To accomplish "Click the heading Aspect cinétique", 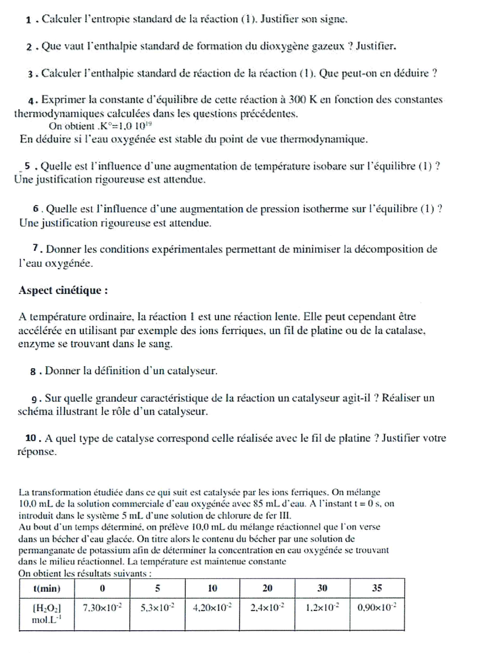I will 63,290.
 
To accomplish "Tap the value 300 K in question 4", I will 302,100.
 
